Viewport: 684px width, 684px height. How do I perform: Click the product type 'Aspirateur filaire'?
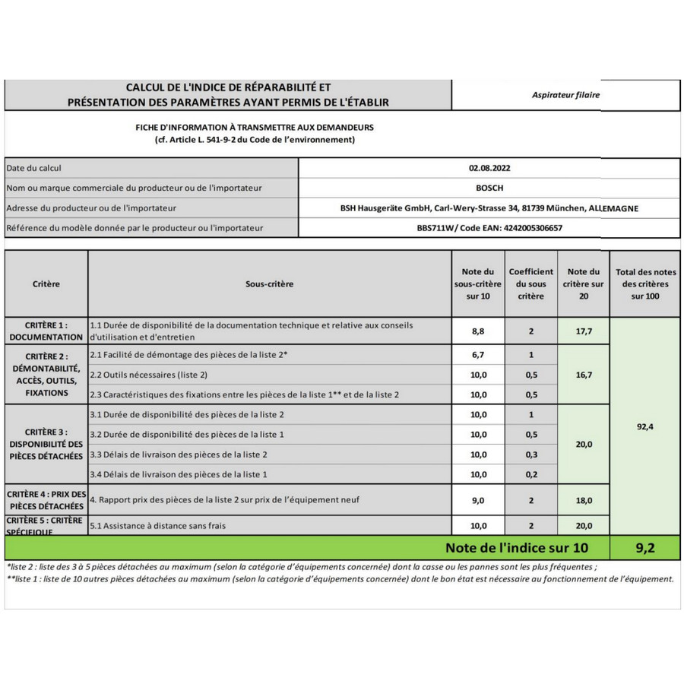click(x=565, y=95)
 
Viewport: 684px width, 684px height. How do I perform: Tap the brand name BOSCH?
click(x=489, y=188)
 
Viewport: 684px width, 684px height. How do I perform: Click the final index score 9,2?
click(x=645, y=547)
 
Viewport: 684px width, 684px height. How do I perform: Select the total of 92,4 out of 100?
click(x=645, y=426)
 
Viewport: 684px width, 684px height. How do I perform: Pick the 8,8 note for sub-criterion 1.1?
click(x=478, y=331)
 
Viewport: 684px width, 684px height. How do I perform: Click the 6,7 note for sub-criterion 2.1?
click(x=478, y=355)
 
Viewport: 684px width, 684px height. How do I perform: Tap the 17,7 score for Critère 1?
click(x=583, y=331)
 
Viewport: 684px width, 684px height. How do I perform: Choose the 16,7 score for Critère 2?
click(x=583, y=375)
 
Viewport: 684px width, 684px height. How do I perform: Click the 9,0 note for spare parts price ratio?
click(x=478, y=500)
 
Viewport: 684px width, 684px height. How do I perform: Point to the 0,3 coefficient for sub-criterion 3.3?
click(x=530, y=454)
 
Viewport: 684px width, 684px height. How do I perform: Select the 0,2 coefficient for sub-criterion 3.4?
click(x=530, y=474)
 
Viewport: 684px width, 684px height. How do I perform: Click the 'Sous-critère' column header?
click(x=269, y=284)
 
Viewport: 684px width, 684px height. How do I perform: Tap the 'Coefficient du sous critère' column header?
click(x=530, y=284)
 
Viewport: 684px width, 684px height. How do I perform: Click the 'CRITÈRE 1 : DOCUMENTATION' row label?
click(x=46, y=331)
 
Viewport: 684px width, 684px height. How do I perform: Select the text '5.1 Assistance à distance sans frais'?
click(x=158, y=525)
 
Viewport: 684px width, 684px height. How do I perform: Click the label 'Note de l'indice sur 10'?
click(x=516, y=547)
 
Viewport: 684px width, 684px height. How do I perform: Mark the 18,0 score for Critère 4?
click(x=583, y=500)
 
